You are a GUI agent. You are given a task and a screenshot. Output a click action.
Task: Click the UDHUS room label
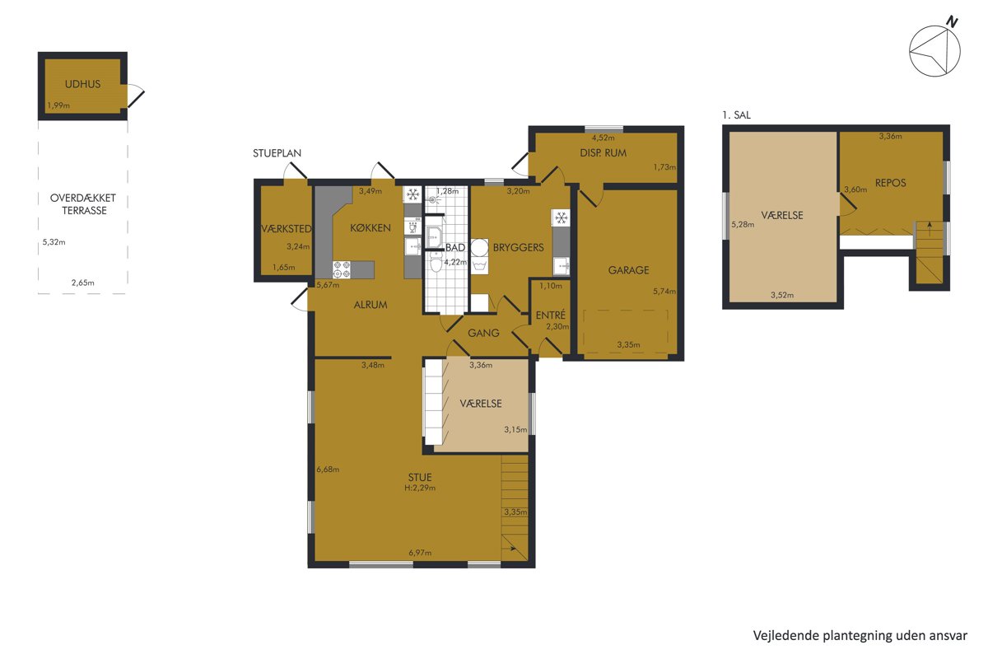point(82,84)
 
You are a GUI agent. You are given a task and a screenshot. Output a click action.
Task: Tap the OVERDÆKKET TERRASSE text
point(83,204)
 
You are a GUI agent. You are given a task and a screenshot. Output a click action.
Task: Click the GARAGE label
point(628,270)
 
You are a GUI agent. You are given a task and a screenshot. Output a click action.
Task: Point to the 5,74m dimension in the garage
point(664,292)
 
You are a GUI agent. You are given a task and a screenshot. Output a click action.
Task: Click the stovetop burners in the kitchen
point(342,269)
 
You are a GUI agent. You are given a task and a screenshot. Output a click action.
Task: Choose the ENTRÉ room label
point(551,315)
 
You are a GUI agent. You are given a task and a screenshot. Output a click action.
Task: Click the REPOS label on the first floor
point(890,183)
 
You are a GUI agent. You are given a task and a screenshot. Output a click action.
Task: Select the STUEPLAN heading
point(277,153)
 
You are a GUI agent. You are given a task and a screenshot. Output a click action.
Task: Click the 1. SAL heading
point(736,115)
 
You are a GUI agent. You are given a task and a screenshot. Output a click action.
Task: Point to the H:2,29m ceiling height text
point(420,488)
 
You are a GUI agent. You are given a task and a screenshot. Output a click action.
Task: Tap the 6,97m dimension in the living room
point(420,553)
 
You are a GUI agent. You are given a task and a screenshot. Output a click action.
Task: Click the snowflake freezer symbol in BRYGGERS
point(561,217)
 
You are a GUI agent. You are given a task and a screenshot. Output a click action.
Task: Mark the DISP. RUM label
point(603,153)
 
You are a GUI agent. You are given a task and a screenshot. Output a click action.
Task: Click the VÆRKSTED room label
point(287,229)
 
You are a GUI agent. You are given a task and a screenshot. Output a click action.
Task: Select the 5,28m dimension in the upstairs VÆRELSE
point(743,224)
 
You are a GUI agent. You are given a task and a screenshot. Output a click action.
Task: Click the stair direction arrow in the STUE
point(512,549)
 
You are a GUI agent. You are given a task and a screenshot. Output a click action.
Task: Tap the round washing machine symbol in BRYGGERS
point(479,248)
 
